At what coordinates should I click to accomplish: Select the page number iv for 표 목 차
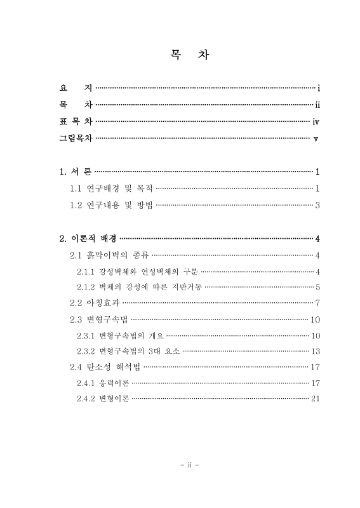[x=315, y=121]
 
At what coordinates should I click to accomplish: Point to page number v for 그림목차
[x=316, y=138]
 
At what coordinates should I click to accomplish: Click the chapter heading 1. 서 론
[x=75, y=171]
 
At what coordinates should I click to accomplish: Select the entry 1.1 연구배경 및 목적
[x=111, y=188]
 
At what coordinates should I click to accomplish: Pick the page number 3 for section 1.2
[x=317, y=205]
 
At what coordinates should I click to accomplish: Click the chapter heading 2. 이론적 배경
[x=88, y=239]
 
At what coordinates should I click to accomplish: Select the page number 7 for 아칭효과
[x=317, y=302]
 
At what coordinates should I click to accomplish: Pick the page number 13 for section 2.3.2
[x=315, y=351]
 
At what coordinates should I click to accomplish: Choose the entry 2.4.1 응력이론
[x=103, y=383]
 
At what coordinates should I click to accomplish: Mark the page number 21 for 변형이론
[x=315, y=399]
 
